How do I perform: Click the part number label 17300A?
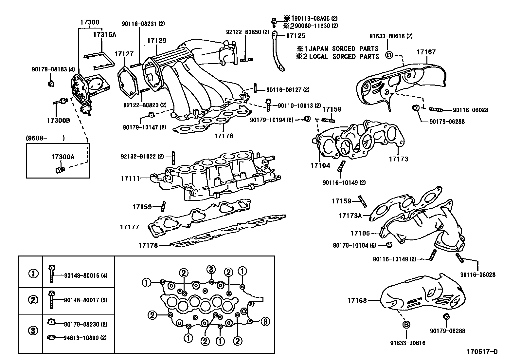coord(63,157)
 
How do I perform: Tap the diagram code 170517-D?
coord(482,352)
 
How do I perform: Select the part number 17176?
coord(224,136)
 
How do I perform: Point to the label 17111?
coord(130,178)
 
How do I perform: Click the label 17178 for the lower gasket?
coord(148,245)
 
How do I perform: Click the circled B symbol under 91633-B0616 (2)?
coord(389,55)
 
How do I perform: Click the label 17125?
coord(296,36)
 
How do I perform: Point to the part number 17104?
coord(320,166)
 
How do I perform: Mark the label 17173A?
coord(350,216)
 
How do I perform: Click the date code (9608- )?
coord(45,138)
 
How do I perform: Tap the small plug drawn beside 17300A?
coord(60,170)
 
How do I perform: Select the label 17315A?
coord(105,34)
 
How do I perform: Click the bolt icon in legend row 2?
coord(51,299)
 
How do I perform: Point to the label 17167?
coord(426,52)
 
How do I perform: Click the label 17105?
coord(360,233)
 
